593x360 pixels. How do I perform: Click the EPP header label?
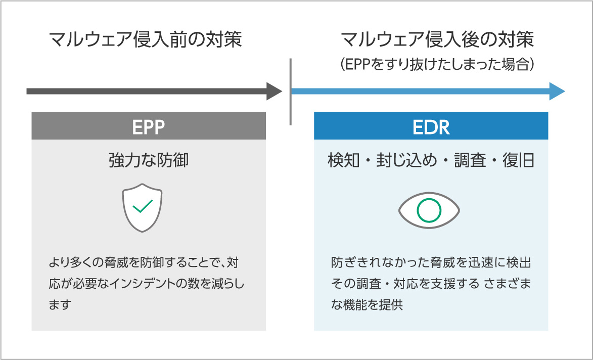[x=149, y=127]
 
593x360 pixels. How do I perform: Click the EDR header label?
[x=431, y=127]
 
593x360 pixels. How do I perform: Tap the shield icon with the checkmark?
[x=143, y=207]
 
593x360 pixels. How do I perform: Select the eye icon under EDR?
[x=429, y=210]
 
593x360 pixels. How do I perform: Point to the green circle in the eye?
[x=429, y=210]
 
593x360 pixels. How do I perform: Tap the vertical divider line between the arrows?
[x=291, y=92]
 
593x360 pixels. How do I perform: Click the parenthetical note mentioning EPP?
[x=437, y=65]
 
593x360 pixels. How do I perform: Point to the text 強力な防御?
[x=149, y=161]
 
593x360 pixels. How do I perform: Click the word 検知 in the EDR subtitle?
[x=343, y=161]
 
